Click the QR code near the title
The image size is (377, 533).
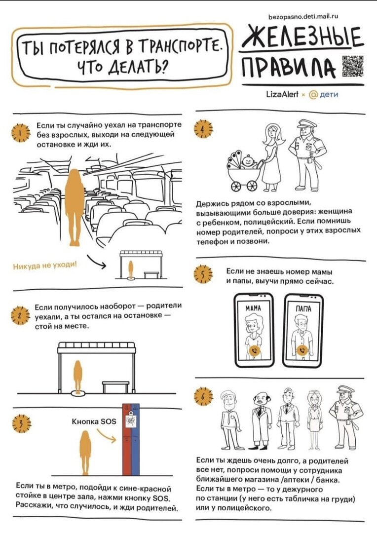tap(353, 65)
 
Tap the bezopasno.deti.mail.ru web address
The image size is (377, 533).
tap(303, 16)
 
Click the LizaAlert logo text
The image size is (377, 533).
tap(282, 94)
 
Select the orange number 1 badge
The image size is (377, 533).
tap(21, 133)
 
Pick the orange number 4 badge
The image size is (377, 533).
tap(203, 129)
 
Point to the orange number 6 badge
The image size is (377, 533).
tap(203, 396)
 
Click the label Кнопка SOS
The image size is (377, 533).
tap(94, 422)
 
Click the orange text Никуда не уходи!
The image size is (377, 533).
tap(45, 265)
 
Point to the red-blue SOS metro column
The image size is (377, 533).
tap(131, 440)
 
